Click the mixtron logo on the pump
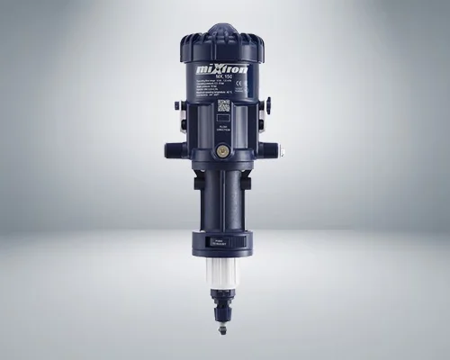[223, 69]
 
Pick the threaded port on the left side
[173, 149]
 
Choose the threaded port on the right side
[274, 149]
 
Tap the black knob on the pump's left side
[180, 105]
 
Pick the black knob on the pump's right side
[267, 105]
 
